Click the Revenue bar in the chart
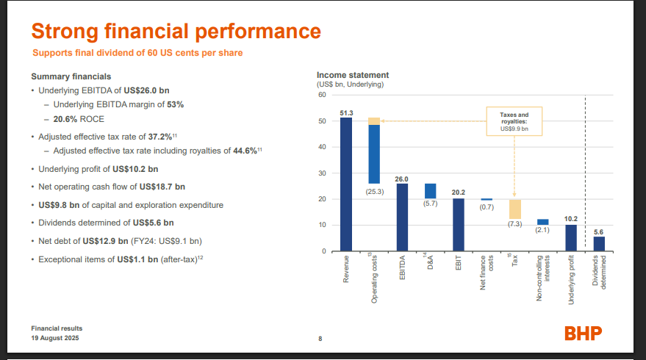coord(345,184)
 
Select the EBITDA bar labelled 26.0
coord(402,217)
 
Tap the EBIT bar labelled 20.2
coord(458,224)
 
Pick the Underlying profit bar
coord(571,237)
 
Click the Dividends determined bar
coord(599,243)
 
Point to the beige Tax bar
coord(514,209)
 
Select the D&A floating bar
coord(430,190)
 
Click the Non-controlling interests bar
coord(542,221)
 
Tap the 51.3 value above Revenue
coord(346,112)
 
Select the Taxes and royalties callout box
coord(514,121)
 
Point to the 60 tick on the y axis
coord(321,95)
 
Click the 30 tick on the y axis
coord(321,173)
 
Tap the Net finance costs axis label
coord(486,271)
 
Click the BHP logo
coord(583,333)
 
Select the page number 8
coord(320,339)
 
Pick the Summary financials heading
coord(71,76)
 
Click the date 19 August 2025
coord(55,337)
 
